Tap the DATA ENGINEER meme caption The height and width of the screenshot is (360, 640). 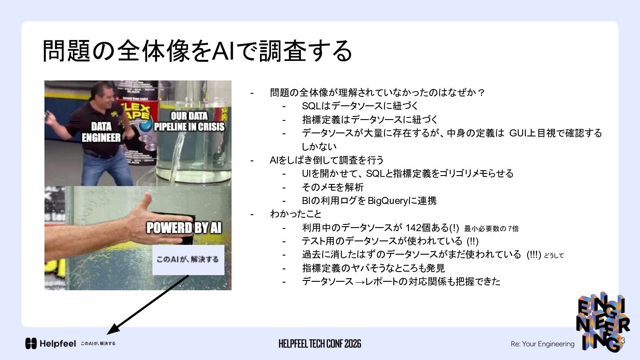pos(101,132)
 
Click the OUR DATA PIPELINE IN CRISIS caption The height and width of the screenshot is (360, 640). pos(189,121)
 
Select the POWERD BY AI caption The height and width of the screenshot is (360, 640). pos(184,228)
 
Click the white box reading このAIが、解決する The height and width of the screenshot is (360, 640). pos(188,260)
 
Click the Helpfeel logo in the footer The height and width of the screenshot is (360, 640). pos(51,344)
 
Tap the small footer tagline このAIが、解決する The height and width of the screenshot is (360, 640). pos(98,344)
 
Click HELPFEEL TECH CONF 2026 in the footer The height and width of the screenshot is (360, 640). pos(320,344)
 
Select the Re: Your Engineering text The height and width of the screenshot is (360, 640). pos(542,344)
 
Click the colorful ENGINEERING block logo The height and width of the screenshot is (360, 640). pos(603,322)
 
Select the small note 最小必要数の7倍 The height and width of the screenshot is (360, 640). pos(492,228)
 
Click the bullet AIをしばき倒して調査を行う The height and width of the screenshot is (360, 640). pos(327,160)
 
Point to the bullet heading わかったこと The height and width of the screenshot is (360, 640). pos(296,214)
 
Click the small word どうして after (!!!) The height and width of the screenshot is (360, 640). pos(554,256)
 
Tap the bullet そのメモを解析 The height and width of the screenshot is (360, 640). pos(332,187)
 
